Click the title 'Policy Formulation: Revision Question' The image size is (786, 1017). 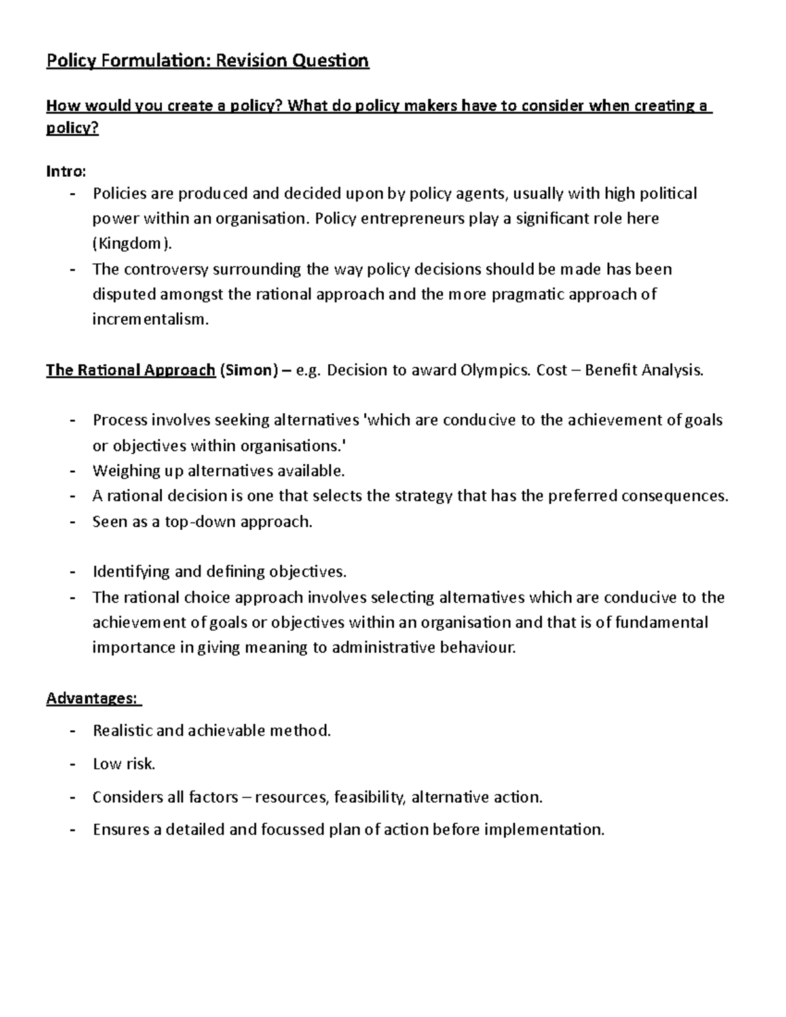(207, 62)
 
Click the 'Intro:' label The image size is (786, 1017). (65, 172)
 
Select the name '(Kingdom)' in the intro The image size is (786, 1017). (134, 244)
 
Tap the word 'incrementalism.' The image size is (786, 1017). (151, 320)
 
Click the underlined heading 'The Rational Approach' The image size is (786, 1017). (130, 371)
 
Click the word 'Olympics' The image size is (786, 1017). (496, 371)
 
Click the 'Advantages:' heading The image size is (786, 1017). (92, 699)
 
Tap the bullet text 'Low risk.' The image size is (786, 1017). (124, 764)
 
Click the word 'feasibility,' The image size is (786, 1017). (369, 797)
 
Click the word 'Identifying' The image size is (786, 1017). (131, 572)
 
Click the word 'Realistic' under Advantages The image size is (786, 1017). (122, 730)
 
